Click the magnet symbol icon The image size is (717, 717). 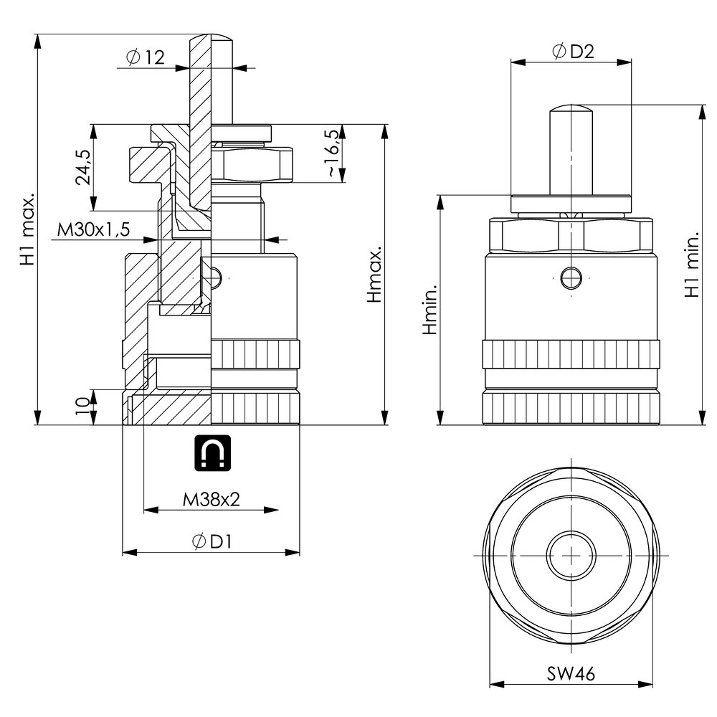tap(213, 452)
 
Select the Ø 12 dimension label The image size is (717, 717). tap(146, 57)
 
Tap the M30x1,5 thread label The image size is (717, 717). tap(93, 229)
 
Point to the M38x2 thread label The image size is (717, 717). tap(212, 499)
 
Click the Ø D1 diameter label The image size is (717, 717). tap(212, 541)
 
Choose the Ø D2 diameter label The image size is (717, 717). tap(573, 51)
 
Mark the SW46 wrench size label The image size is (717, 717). tap(571, 673)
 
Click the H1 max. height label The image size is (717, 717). tap(27, 229)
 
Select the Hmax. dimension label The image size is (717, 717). tap(374, 275)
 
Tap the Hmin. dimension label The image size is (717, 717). tap(429, 309)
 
